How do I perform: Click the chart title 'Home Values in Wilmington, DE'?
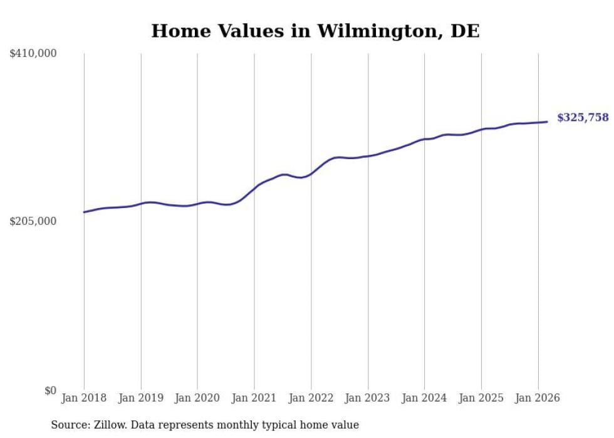pyautogui.click(x=315, y=31)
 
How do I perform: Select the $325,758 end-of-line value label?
pyautogui.click(x=583, y=117)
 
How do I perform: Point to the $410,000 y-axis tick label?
pyautogui.click(x=33, y=54)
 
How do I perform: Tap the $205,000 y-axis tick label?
pyautogui.click(x=33, y=221)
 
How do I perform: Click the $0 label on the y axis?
pyautogui.click(x=50, y=390)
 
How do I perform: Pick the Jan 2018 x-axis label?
pyautogui.click(x=84, y=398)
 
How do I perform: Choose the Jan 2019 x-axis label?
pyautogui.click(x=141, y=398)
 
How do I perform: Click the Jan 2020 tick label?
pyautogui.click(x=197, y=398)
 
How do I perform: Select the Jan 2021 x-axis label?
pyautogui.click(x=254, y=398)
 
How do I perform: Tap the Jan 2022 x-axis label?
pyautogui.click(x=311, y=398)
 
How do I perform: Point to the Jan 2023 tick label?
pyautogui.click(x=368, y=398)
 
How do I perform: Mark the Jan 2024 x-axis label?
pyautogui.click(x=424, y=398)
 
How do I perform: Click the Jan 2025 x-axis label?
pyautogui.click(x=481, y=398)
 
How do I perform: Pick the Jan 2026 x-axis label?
pyautogui.click(x=538, y=398)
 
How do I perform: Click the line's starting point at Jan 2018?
pyautogui.click(x=84, y=212)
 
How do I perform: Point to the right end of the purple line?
pyautogui.click(x=547, y=122)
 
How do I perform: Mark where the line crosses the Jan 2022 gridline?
pyautogui.click(x=311, y=174)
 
